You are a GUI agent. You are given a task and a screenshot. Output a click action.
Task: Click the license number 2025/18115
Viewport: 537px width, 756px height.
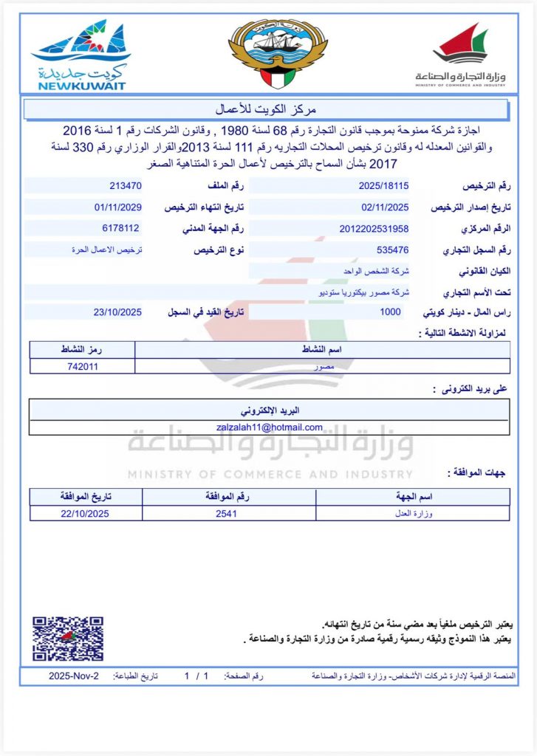(x=385, y=185)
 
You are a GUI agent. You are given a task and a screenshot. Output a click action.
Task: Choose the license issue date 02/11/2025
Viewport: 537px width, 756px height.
(x=385, y=207)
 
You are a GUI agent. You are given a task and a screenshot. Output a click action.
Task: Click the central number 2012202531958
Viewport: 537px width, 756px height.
(x=374, y=229)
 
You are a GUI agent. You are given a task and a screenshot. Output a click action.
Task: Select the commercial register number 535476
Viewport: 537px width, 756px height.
(x=392, y=250)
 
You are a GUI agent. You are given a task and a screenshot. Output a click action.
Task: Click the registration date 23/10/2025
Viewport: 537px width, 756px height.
(x=118, y=312)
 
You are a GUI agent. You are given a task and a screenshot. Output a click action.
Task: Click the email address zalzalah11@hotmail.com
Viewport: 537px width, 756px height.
(x=270, y=427)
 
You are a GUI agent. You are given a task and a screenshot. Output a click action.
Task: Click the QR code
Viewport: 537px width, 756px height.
(x=67, y=639)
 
